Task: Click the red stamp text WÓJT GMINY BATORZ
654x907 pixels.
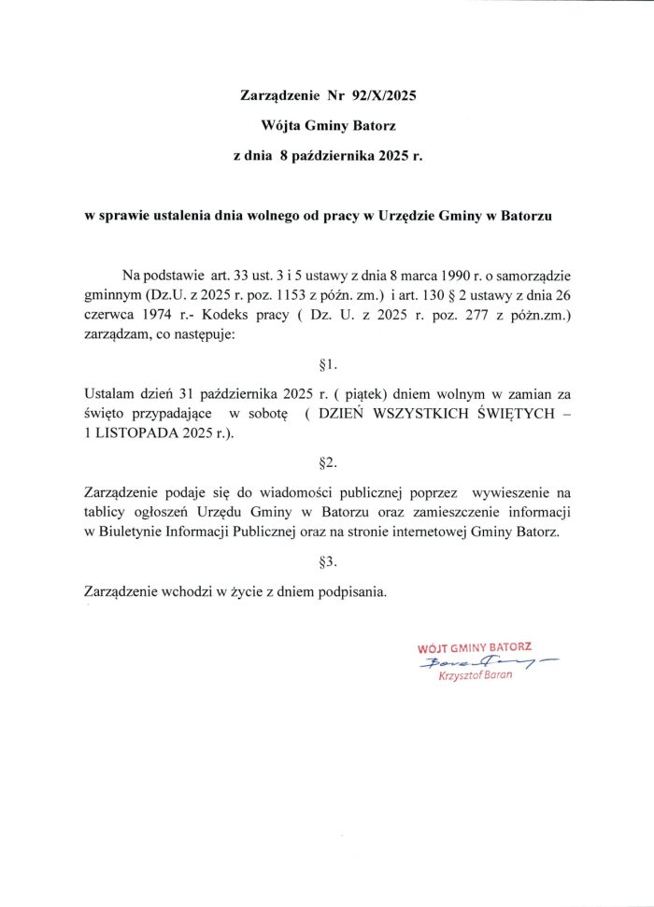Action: [475, 647]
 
